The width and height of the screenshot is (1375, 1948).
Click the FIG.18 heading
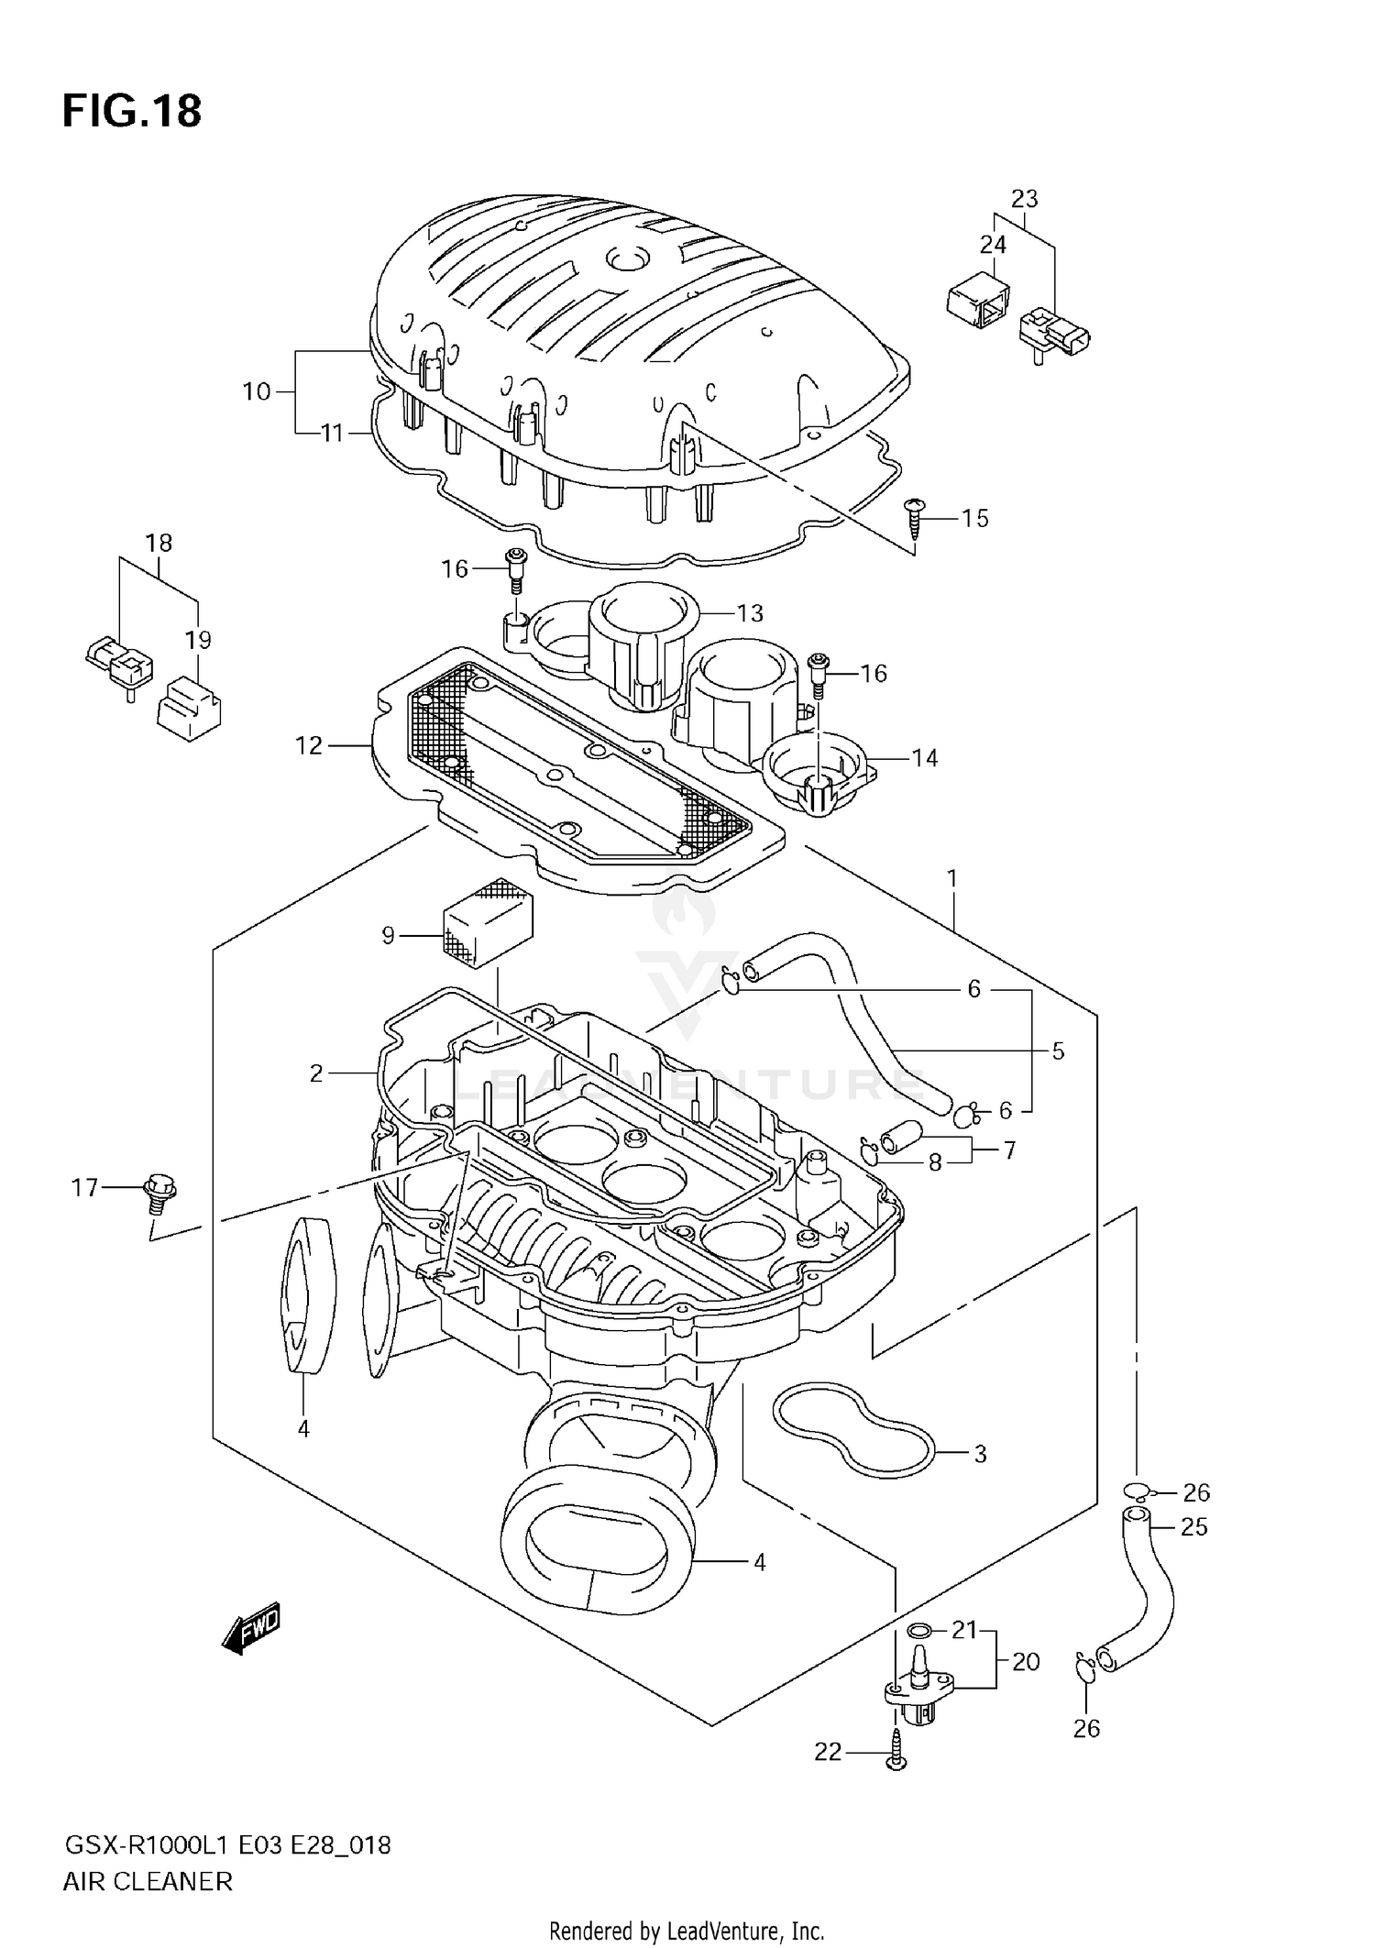(x=132, y=112)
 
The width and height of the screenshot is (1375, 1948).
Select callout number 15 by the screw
(x=974, y=519)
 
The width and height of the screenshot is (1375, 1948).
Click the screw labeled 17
(x=159, y=1192)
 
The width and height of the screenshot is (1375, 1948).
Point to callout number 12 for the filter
(x=309, y=746)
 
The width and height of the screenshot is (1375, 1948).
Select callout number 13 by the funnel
(x=750, y=613)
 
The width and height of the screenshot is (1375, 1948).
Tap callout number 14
(x=924, y=758)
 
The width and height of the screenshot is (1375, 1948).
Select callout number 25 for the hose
(x=1193, y=1527)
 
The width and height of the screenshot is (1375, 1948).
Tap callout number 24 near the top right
(x=993, y=245)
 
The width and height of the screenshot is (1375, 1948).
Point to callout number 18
(x=159, y=543)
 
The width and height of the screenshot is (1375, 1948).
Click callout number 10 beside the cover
(x=257, y=392)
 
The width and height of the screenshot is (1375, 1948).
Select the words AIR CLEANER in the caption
(x=148, y=1881)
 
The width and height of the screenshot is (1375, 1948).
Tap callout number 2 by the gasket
(x=316, y=1073)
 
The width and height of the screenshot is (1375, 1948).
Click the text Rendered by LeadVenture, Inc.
(x=687, y=1931)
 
